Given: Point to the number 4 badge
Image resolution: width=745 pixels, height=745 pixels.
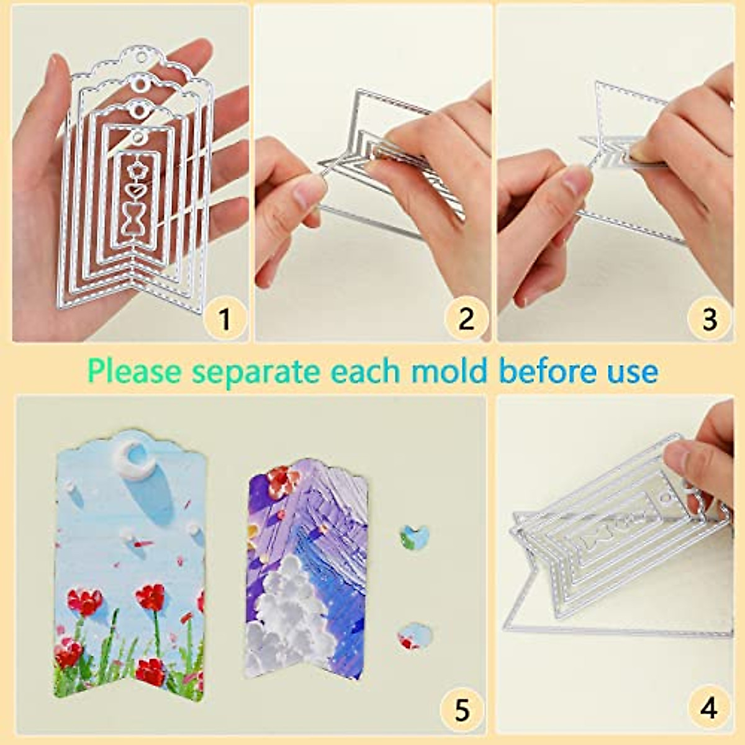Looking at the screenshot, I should click(x=709, y=708).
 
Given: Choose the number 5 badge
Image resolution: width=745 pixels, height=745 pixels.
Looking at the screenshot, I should click(x=461, y=710).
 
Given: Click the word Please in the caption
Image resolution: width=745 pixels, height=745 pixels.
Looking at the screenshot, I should click(x=135, y=372).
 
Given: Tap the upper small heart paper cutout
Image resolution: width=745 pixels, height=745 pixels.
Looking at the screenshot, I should click(x=414, y=535).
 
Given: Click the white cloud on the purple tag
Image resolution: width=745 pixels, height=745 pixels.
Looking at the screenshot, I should click(x=286, y=596).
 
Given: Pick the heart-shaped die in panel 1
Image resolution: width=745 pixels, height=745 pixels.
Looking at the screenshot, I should click(x=134, y=189).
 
